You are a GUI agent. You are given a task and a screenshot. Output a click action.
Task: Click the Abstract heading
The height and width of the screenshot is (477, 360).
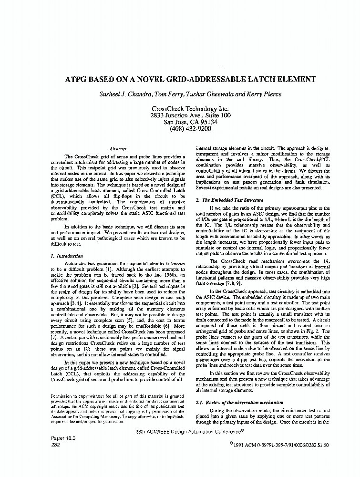pos(118,149)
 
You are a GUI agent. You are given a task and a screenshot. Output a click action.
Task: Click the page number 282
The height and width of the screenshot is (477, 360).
pos(55,443)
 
